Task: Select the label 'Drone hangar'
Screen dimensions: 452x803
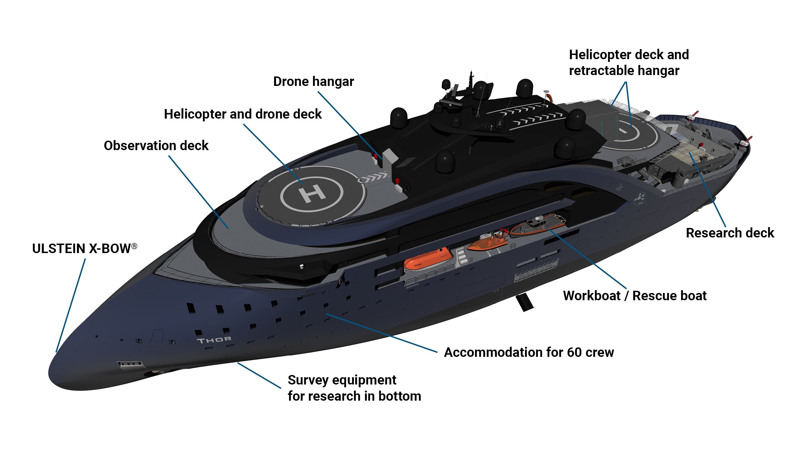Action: [x=313, y=82]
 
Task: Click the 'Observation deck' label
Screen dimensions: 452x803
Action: [x=156, y=146]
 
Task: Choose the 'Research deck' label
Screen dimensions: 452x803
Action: [x=730, y=233]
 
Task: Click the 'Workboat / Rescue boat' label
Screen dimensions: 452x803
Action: [x=635, y=296]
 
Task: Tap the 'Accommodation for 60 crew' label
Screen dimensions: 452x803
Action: [x=529, y=352]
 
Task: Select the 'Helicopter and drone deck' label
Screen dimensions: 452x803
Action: [x=243, y=114]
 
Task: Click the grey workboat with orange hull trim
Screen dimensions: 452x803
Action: [x=537, y=225]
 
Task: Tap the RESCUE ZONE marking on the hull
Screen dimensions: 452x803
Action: [x=536, y=271]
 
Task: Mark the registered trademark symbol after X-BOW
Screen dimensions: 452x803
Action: [x=134, y=246]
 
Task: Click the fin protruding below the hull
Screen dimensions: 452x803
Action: [x=524, y=302]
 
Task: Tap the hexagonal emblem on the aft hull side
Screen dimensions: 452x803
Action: [x=640, y=198]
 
